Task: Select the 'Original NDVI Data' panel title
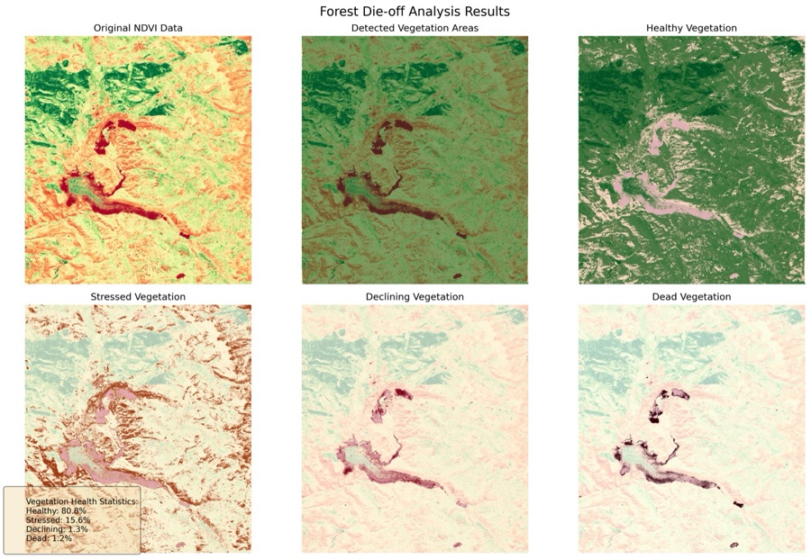click(x=138, y=29)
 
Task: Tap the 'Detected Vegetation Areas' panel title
click(x=415, y=29)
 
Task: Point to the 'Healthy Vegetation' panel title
click(x=691, y=29)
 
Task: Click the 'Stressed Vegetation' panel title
click(x=138, y=296)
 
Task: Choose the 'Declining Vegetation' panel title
click(x=415, y=296)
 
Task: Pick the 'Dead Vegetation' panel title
click(x=691, y=296)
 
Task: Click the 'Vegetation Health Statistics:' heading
click(x=81, y=500)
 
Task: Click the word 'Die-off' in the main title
click(x=383, y=12)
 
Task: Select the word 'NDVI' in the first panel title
click(x=155, y=29)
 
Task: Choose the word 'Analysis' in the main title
click(x=435, y=12)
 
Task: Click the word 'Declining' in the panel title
click(x=392, y=296)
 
